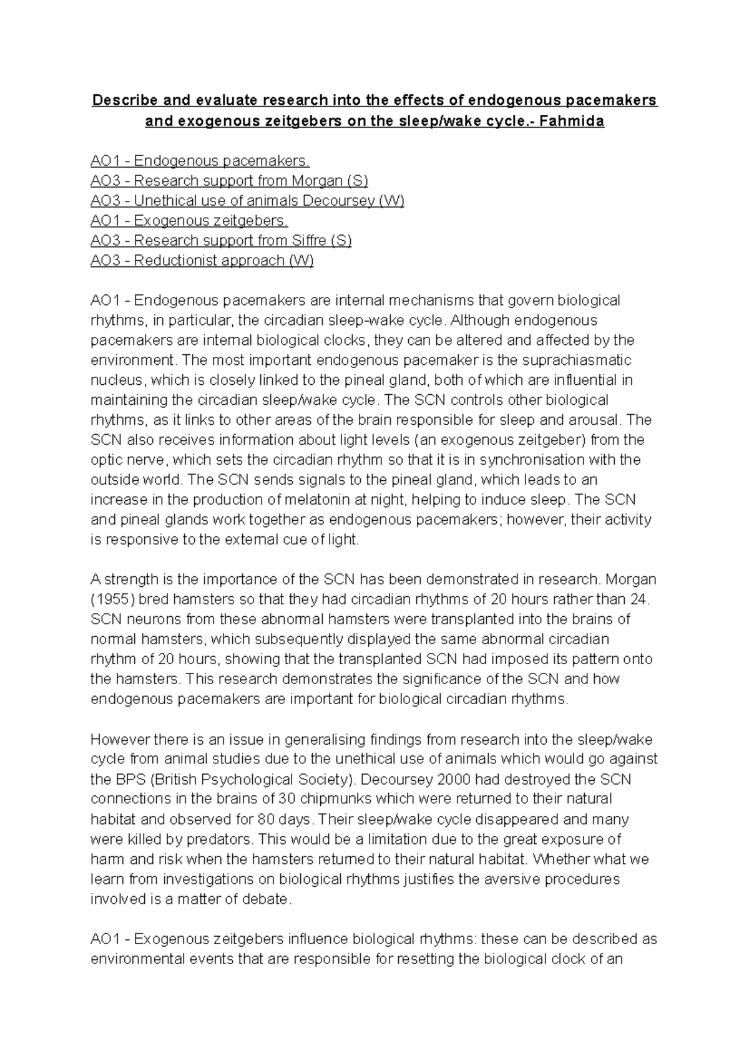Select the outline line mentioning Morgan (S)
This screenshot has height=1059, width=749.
pos(229,181)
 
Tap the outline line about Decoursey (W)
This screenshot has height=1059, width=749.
pos(247,201)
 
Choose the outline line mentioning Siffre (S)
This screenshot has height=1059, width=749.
pos(221,241)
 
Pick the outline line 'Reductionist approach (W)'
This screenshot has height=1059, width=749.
pos(202,261)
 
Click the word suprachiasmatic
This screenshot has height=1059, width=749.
pos(568,360)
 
